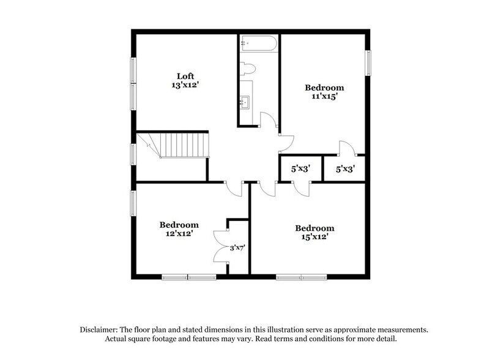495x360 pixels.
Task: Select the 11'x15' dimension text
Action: pos(324,97)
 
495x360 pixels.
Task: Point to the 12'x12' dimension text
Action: pos(179,234)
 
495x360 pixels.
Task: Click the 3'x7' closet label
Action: pos(237,248)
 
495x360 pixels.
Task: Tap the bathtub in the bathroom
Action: pos(258,43)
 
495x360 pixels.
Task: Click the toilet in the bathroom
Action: pos(247,69)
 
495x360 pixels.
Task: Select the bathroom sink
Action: pos(246,101)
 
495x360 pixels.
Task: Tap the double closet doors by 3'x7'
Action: pos(220,248)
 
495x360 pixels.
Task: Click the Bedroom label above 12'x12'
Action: pos(179,224)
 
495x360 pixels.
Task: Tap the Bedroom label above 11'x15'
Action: pos(324,88)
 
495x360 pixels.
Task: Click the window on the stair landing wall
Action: pos(133,152)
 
